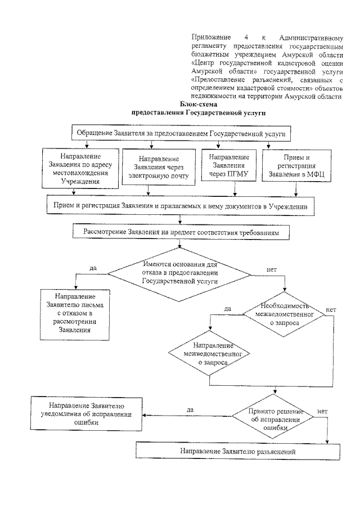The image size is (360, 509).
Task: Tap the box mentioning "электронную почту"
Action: pos(159,167)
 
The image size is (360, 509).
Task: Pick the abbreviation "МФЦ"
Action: pos(319,175)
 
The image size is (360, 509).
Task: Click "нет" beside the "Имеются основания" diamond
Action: pos(271,271)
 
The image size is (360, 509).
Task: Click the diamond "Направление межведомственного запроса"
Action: pos(209,354)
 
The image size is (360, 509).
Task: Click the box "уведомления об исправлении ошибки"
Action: pos(90,415)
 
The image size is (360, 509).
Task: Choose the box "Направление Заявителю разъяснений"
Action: pos(238,451)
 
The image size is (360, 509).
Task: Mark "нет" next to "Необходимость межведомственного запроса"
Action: pos(331,310)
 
